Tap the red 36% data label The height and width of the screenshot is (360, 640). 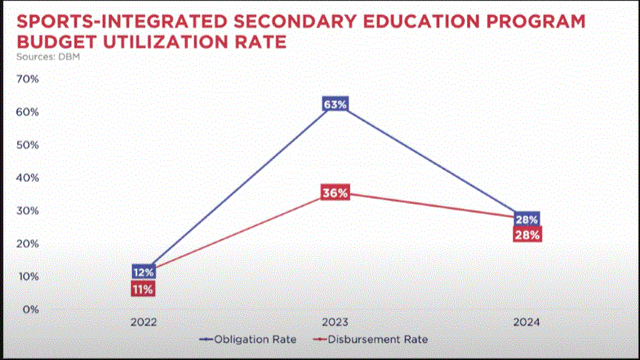(336, 193)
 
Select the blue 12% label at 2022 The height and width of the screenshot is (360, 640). (144, 272)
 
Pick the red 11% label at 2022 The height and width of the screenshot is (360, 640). (143, 289)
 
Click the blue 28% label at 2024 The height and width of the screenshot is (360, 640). (527, 220)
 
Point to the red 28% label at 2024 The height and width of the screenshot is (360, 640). (527, 235)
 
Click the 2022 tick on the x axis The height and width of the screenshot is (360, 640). (144, 322)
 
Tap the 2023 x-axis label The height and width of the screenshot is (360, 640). (336, 322)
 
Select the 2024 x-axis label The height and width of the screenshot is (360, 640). (527, 322)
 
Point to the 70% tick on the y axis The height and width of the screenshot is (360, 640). (28, 79)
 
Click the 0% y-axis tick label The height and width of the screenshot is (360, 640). (31, 309)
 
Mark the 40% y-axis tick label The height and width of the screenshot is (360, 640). (28, 178)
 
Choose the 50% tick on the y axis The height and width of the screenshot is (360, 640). (28, 145)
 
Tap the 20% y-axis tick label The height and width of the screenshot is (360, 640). (28, 243)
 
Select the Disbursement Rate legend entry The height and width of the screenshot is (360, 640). (376, 339)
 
